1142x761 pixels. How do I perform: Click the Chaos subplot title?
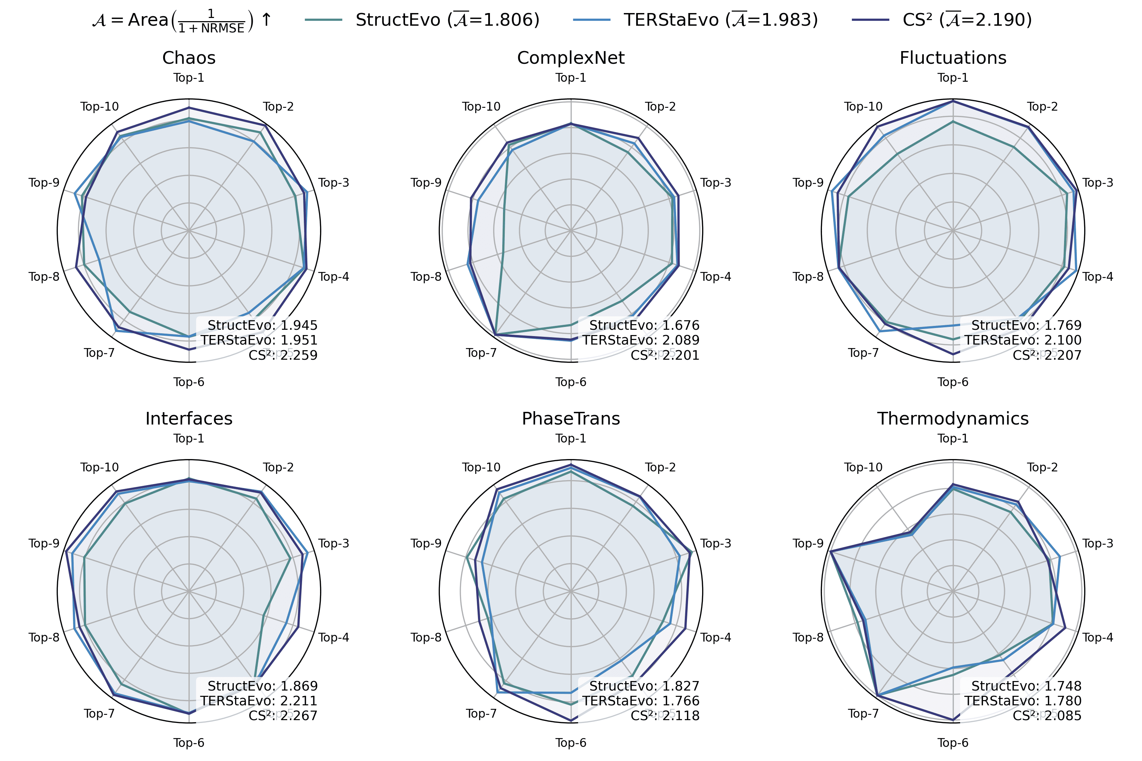(x=189, y=58)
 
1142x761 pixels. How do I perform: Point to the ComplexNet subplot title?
(x=571, y=58)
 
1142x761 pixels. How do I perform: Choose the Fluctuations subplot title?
(x=953, y=58)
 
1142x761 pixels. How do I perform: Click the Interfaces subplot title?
(x=189, y=418)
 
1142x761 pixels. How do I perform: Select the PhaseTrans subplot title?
(x=571, y=418)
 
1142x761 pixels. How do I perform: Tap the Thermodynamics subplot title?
(x=953, y=418)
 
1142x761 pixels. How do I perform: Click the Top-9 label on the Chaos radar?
(x=44, y=183)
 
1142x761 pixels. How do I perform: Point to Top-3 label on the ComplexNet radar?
(x=716, y=183)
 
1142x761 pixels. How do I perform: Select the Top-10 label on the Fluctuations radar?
(x=863, y=107)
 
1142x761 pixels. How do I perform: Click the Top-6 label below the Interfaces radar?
(x=189, y=743)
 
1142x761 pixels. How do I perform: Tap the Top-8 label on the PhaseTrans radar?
(x=426, y=637)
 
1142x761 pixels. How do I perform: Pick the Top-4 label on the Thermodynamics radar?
(x=1098, y=637)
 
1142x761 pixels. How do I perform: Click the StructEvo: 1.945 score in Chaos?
(x=262, y=325)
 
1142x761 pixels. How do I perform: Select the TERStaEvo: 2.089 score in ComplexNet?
(x=641, y=340)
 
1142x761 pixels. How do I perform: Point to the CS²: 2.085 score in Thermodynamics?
(x=1047, y=716)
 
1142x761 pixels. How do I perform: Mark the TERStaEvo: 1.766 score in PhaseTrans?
(x=641, y=701)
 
